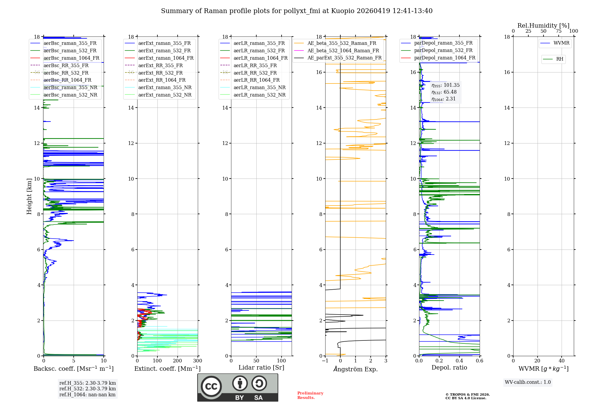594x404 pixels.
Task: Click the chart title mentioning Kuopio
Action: [x=296, y=11]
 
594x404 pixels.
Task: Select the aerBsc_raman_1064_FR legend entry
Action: [x=71, y=58]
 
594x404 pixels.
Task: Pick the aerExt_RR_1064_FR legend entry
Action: [x=162, y=80]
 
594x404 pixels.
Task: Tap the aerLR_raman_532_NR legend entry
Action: [x=259, y=95]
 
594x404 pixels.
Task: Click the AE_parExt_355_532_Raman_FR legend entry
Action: [x=344, y=58]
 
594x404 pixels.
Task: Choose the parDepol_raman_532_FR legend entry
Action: [x=443, y=50]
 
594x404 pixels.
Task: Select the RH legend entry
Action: [x=560, y=59]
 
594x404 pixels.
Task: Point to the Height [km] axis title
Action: [x=29, y=196]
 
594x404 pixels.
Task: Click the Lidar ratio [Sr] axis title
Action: [x=261, y=367]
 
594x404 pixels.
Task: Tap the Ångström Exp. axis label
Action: [x=356, y=369]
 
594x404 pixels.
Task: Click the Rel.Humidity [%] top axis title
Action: [x=543, y=26]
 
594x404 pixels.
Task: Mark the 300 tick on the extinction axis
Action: [x=198, y=361]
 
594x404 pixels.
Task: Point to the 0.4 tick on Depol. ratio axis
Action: [x=459, y=361]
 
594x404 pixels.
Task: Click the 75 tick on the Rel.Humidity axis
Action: [x=559, y=31]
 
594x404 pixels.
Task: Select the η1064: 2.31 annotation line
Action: [x=443, y=99]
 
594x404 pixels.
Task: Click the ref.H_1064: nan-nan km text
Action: [x=87, y=394]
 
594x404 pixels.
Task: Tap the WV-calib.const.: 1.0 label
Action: [x=528, y=382]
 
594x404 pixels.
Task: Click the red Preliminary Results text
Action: [x=310, y=395]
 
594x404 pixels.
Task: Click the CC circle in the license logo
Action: [x=211, y=386]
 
